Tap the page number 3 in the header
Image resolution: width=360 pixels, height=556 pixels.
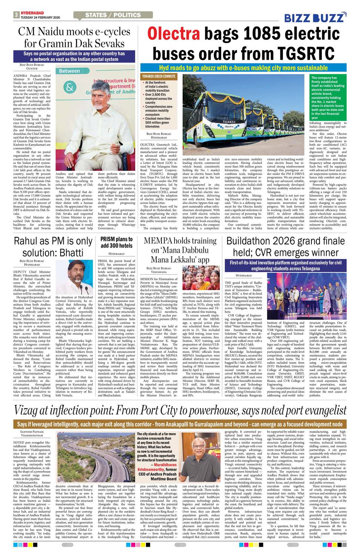16,15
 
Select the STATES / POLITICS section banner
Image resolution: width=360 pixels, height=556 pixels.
113,15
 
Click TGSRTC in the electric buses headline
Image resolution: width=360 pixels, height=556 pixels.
294,53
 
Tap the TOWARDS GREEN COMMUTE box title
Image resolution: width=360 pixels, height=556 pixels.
159,76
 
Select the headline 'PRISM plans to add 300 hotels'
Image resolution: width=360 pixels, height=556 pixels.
116,242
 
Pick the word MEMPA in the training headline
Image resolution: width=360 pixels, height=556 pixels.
158,241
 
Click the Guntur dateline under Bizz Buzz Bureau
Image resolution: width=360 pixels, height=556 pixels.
32,69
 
